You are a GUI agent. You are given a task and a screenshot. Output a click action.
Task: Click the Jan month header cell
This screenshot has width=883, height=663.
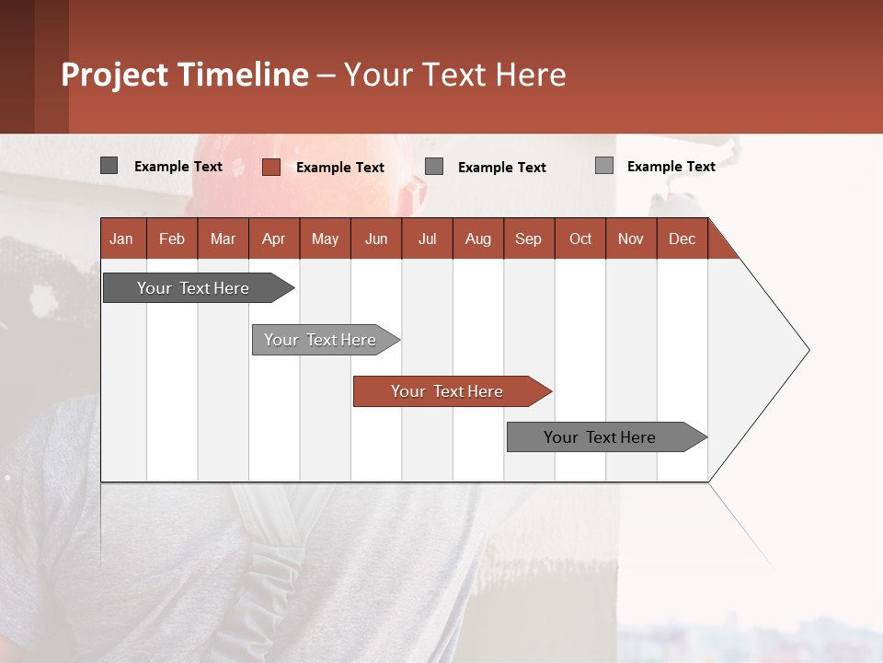(x=122, y=238)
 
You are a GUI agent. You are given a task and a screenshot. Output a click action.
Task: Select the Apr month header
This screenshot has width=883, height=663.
(x=274, y=238)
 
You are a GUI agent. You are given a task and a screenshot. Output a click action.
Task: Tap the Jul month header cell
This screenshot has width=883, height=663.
(x=427, y=238)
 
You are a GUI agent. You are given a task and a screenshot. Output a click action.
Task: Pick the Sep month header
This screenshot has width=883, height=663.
(x=529, y=238)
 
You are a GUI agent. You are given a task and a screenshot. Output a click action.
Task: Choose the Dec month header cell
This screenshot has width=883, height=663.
(x=682, y=238)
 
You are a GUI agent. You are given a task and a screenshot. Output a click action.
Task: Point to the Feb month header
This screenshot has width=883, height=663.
(x=172, y=238)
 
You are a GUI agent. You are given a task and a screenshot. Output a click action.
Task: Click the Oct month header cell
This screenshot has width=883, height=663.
(x=580, y=238)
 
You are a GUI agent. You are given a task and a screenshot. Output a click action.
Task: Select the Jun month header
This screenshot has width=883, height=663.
(x=376, y=238)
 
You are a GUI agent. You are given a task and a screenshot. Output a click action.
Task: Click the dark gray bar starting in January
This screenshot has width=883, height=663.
(x=194, y=288)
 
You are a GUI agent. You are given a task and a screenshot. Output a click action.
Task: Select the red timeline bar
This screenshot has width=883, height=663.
(x=448, y=391)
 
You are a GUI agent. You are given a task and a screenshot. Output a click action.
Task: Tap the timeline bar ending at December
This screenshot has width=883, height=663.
(x=601, y=437)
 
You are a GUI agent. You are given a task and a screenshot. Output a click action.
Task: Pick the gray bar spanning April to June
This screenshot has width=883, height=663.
(x=321, y=340)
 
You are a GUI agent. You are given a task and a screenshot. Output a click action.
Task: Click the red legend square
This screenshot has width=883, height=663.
(x=270, y=167)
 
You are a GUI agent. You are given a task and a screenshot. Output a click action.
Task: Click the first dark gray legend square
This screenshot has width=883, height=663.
(x=109, y=166)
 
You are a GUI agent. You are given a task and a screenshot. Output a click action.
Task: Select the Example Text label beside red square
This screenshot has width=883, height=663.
(x=340, y=168)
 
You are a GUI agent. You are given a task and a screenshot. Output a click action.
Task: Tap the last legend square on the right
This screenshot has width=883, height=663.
(x=603, y=166)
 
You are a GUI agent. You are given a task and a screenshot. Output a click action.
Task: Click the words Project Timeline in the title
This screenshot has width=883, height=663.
(x=185, y=75)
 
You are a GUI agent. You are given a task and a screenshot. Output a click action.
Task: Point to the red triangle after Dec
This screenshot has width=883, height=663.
(x=720, y=245)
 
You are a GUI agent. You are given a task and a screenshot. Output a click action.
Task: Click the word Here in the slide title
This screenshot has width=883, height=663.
(x=531, y=75)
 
